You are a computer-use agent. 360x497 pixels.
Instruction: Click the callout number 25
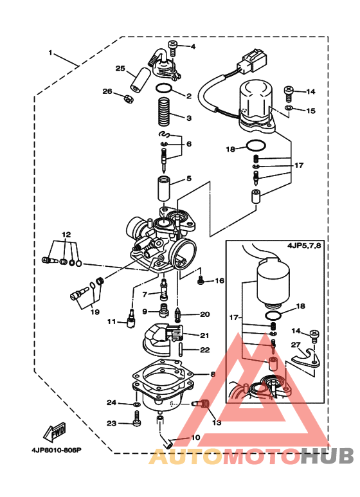pos(120,69)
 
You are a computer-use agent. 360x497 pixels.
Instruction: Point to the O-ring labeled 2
pos(164,89)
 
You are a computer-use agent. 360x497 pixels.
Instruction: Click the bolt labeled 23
pos(136,424)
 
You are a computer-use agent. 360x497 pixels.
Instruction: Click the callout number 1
pos(50,52)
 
